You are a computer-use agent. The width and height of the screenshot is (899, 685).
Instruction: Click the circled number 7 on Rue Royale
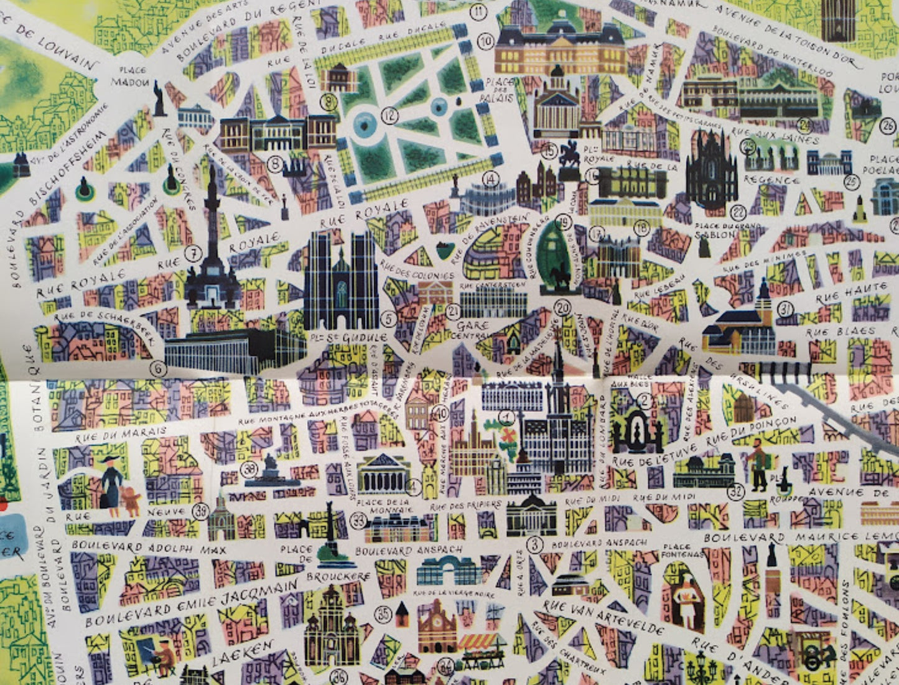(193, 254)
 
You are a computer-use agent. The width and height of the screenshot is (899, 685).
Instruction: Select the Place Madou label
(131, 77)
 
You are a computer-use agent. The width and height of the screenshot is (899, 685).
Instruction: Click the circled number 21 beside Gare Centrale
(454, 312)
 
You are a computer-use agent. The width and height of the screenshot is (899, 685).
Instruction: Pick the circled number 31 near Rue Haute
(786, 308)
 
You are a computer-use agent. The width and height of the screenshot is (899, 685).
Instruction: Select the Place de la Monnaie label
(391, 506)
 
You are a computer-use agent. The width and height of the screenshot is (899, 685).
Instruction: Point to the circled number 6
(159, 369)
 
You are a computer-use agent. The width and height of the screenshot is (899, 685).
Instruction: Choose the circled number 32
(736, 492)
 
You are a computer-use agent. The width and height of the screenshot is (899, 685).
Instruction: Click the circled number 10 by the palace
(486, 42)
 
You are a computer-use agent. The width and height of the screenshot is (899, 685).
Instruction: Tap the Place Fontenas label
(682, 551)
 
